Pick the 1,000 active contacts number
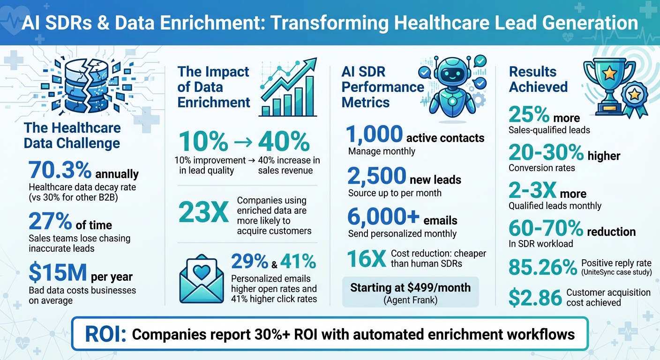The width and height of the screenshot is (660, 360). pos(374,135)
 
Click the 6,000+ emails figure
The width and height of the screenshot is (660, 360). pos(383,217)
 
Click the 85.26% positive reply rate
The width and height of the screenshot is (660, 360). pos(542,267)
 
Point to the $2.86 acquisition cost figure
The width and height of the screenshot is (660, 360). pos(535,297)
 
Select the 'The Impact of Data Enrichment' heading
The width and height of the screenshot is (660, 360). pos(213,87)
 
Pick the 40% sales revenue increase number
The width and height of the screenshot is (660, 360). pos(284,141)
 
